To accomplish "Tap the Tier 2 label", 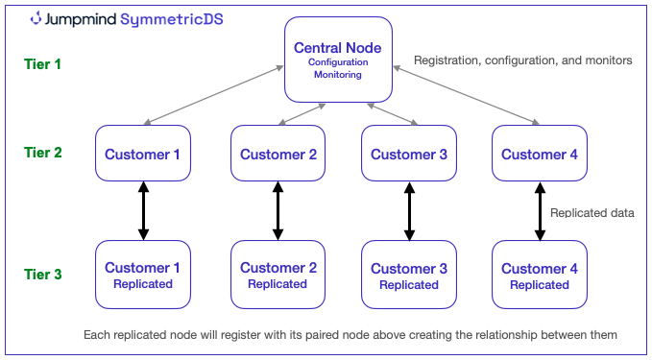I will pos(42,152).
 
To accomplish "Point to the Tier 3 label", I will pos(42,274).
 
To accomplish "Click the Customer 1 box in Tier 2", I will pos(143,154).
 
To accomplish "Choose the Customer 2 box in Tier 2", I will pos(278,154).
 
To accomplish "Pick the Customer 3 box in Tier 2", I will pos(409,154).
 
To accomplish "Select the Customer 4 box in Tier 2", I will pos(540,154).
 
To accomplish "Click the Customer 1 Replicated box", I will pos(143,276).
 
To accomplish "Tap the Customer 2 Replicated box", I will pos(278,276).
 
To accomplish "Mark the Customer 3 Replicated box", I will pos(409,276).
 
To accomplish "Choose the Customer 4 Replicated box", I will pos(540,276).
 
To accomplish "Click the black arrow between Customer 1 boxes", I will pos(143,211).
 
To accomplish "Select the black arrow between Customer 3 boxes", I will pos(409,211).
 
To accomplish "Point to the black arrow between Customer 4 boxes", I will pos(540,211).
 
